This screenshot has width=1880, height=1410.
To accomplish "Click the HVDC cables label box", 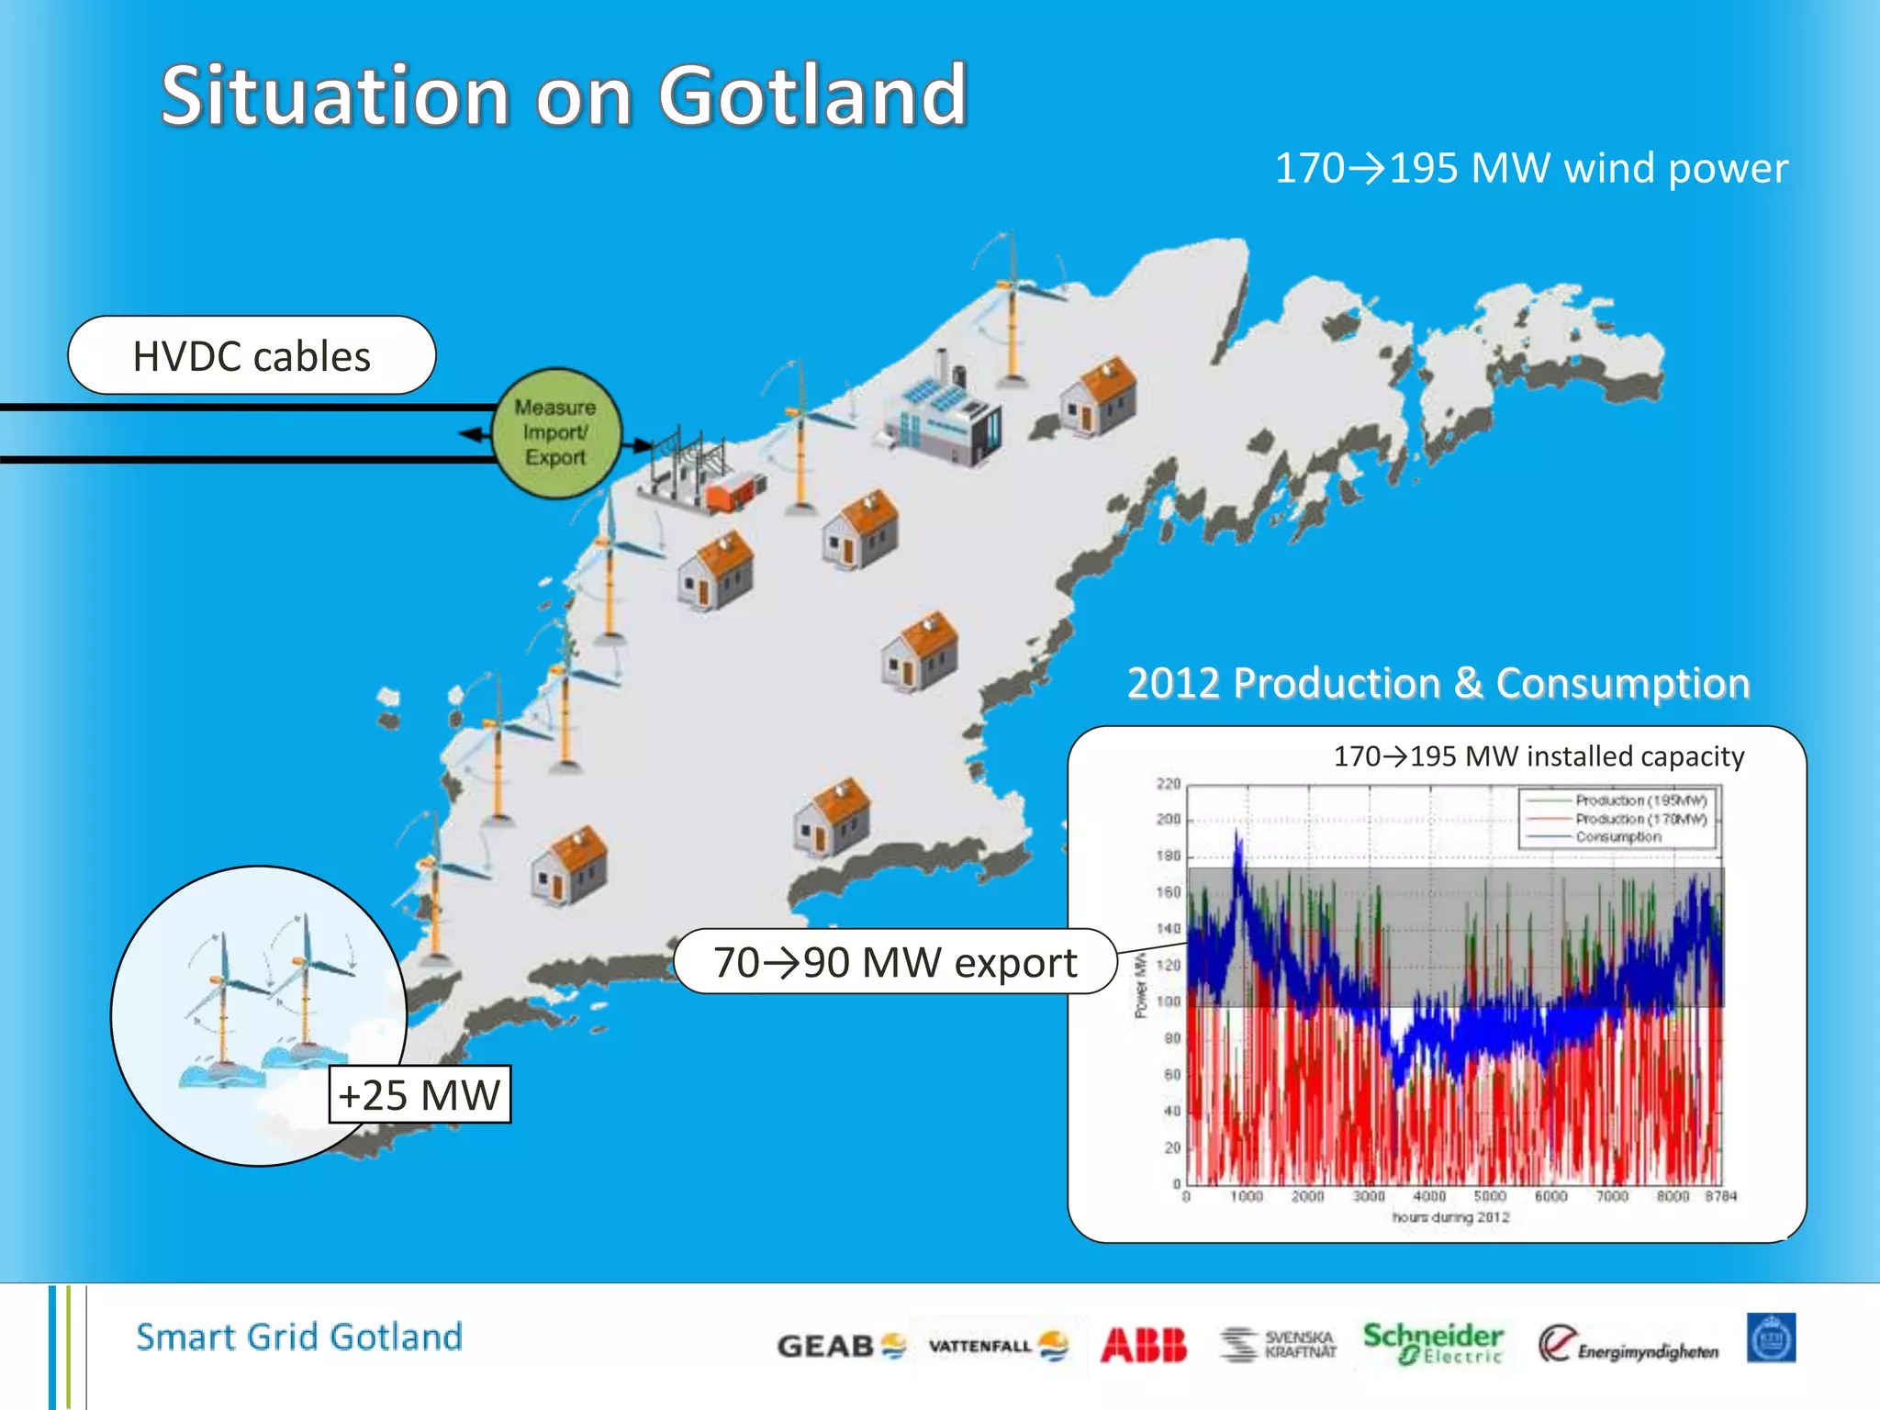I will point(252,356).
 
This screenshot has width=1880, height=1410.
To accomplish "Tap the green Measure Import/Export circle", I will point(556,433).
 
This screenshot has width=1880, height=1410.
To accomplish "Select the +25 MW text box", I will point(420,1094).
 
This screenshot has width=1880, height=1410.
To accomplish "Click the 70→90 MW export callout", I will point(895,962).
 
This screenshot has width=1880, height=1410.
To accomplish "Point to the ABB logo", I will point(1143,1345).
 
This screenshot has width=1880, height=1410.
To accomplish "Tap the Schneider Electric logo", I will point(1432,1344).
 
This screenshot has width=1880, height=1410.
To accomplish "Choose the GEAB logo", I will point(840,1346).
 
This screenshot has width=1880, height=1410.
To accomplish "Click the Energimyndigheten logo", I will point(1628,1345).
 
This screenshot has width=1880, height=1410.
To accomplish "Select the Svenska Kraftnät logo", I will point(1279,1345).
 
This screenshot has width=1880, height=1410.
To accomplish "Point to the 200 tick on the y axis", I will point(1168,819).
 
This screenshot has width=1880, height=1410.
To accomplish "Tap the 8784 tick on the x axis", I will point(1720,1196).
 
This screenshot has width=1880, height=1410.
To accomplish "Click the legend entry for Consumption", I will point(1618,837).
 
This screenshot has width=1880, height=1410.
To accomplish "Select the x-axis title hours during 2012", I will point(1450,1217).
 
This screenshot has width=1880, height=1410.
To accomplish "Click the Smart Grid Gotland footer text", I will point(299,1337).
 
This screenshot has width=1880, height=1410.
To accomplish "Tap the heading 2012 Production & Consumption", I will point(1438,683).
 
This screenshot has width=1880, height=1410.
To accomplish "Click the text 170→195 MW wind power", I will point(1531,168).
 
